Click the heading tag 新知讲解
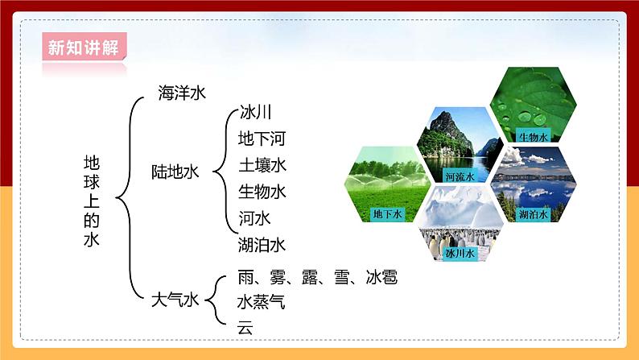pyautogui.click(x=82, y=47)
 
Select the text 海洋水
pyautogui.click(x=181, y=93)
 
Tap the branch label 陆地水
pyautogui.click(x=175, y=171)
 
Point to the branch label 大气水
pyautogui.click(x=175, y=300)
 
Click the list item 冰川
pyautogui.click(x=255, y=113)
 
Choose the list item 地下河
pyautogui.click(x=262, y=139)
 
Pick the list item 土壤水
pyautogui.click(x=262, y=165)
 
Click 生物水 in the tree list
pyautogui.click(x=262, y=192)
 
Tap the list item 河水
pyautogui.click(x=254, y=218)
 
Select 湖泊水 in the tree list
pyautogui.click(x=262, y=245)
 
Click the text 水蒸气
pyautogui.click(x=262, y=303)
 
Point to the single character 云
pyautogui.click(x=245, y=328)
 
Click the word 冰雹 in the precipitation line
pyautogui.click(x=381, y=278)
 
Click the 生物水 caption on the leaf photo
pyautogui.click(x=533, y=137)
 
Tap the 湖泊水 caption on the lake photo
pyautogui.click(x=533, y=214)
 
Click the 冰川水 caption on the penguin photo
pyautogui.click(x=460, y=253)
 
